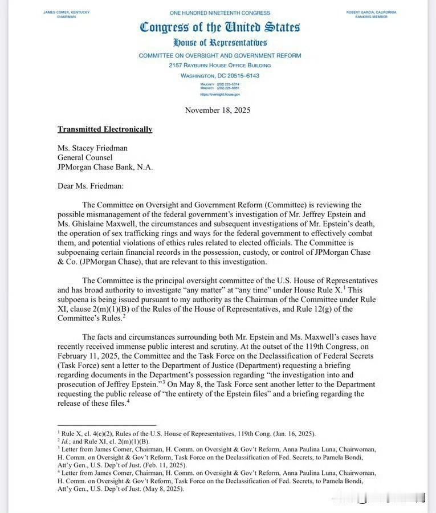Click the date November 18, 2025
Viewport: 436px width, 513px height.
(x=218, y=110)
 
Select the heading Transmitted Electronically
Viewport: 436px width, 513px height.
(x=105, y=129)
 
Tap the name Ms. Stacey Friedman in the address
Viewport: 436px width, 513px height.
(x=92, y=148)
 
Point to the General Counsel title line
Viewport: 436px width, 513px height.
(x=85, y=157)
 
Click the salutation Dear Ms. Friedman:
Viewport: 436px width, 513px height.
(x=91, y=186)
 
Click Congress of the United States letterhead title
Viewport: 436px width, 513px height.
(x=219, y=27)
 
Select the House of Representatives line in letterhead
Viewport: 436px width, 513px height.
(x=219, y=43)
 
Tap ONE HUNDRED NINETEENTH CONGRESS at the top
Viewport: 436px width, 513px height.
(x=219, y=13)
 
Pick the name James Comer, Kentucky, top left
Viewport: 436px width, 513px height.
(x=67, y=12)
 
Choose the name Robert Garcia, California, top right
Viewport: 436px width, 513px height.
(x=371, y=12)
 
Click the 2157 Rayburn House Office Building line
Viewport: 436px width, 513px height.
(x=219, y=66)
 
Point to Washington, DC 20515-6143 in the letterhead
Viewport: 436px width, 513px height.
(x=219, y=75)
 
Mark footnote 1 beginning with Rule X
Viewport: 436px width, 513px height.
(x=188, y=434)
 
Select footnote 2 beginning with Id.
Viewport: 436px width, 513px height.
(x=105, y=441)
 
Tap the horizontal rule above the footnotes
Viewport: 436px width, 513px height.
(x=107, y=425)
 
